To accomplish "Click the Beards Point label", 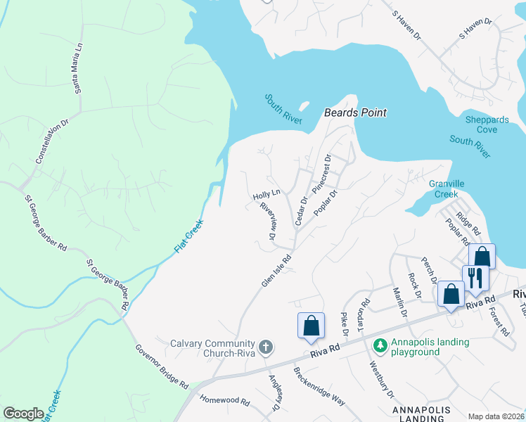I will [355, 113].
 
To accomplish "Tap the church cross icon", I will [265, 347].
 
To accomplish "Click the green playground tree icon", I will [380, 345].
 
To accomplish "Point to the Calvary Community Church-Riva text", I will [211, 348].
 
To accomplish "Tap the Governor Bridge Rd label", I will [162, 366].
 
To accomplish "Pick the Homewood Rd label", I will [225, 402].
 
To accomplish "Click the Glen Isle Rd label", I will [276, 270].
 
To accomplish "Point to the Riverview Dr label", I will [267, 222].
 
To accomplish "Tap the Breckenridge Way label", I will [319, 387].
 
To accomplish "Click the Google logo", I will [23, 414].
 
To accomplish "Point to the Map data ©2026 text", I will [496, 416].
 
